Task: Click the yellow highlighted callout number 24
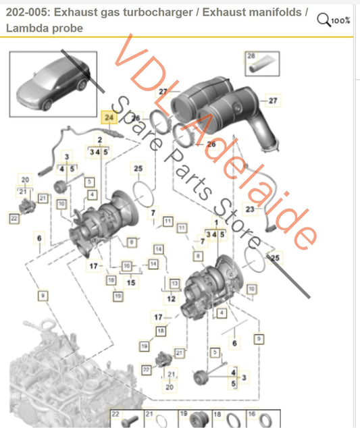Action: point(109,117)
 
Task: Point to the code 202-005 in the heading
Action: point(28,11)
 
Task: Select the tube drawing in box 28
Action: point(259,66)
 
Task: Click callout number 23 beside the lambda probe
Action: point(249,210)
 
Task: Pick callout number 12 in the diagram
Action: point(171,298)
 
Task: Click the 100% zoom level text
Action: point(341,20)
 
